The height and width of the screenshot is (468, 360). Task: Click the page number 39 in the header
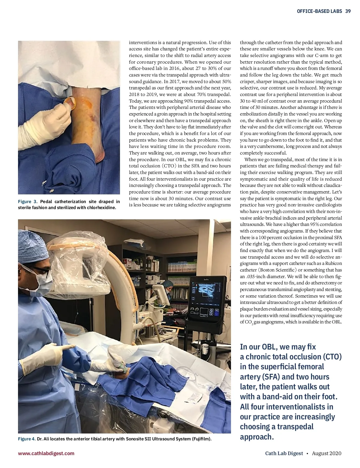click(x=348, y=11)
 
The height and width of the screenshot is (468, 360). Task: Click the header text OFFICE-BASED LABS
click(x=319, y=11)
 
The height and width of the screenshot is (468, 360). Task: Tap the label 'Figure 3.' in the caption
click(x=28, y=202)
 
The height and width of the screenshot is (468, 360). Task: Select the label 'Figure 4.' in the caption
click(x=27, y=439)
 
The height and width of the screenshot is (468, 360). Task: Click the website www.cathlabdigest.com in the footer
click(x=46, y=453)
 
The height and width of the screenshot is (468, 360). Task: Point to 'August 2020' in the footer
click(x=326, y=453)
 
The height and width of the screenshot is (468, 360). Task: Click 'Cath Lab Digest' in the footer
click(x=284, y=453)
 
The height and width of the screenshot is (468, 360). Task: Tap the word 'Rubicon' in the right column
click(x=334, y=263)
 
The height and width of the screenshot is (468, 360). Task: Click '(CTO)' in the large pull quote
click(x=332, y=357)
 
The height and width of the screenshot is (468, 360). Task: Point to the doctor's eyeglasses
click(x=40, y=271)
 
